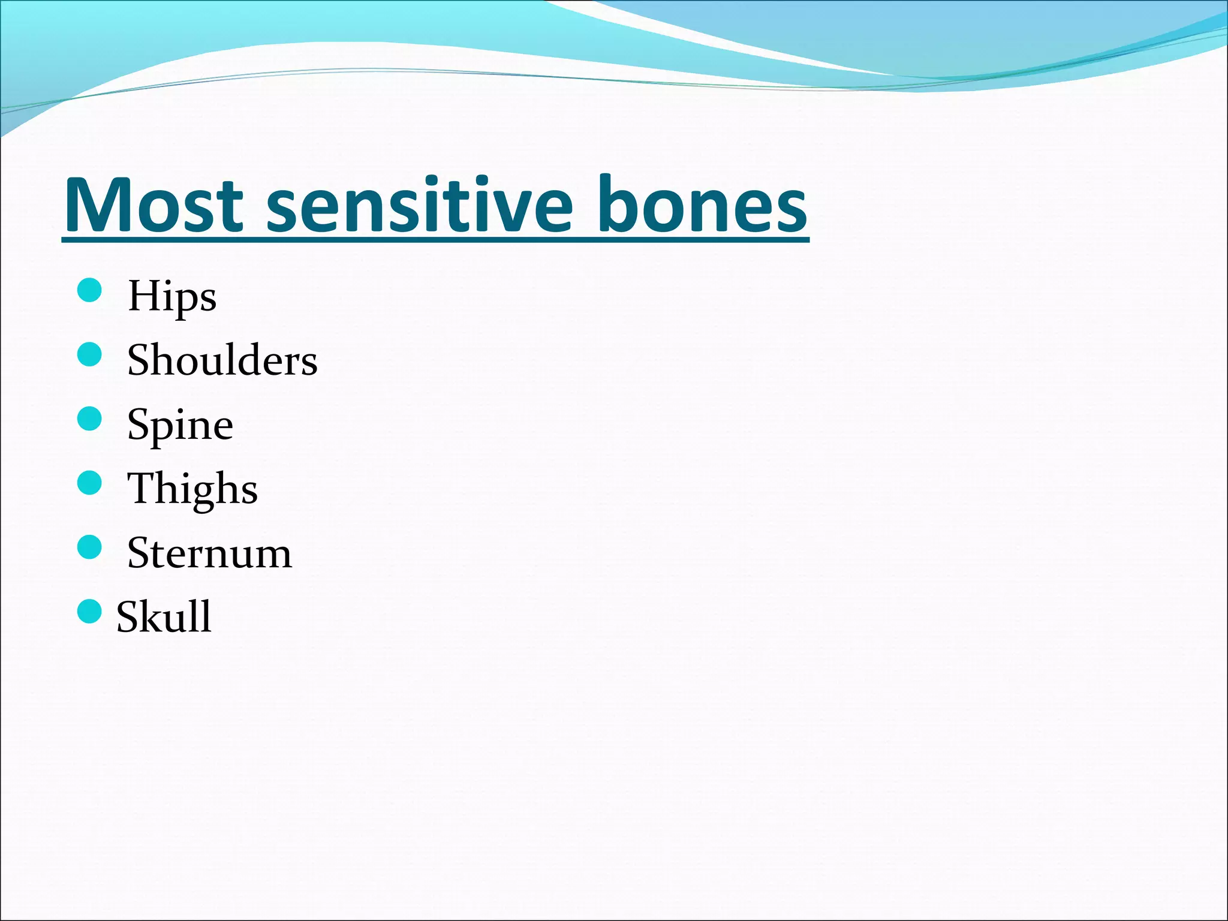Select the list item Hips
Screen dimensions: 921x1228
coord(172,296)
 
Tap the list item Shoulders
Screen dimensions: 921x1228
coord(222,361)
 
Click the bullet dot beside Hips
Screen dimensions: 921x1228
coord(90,291)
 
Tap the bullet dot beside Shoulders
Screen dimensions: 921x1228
coord(90,354)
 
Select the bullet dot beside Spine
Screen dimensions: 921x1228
coord(90,419)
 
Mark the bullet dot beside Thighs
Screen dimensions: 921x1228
coord(90,483)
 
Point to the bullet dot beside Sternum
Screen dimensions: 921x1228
coord(90,547)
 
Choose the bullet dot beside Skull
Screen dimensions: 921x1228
coord(90,611)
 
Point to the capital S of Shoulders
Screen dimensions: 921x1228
coord(140,361)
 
